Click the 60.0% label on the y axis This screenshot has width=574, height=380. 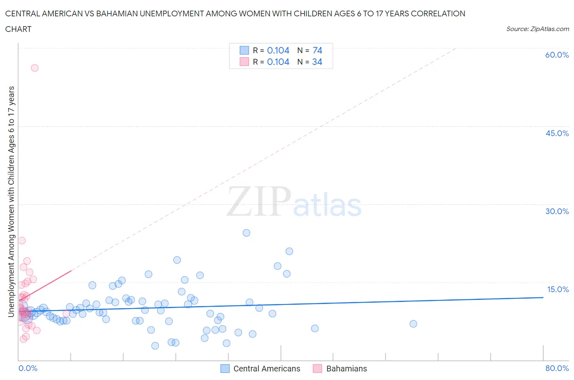[557, 55]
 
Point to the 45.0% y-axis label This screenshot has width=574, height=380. [557, 133]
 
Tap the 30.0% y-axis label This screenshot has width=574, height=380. [557, 211]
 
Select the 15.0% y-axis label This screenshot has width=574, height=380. [558, 289]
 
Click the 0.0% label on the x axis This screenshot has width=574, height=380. [28, 368]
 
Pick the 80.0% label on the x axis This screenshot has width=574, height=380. [557, 368]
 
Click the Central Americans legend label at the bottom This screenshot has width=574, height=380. [267, 369]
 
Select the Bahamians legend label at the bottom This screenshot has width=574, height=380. [347, 369]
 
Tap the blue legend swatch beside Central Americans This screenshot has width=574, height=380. [225, 369]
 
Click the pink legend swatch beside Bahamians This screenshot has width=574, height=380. [318, 369]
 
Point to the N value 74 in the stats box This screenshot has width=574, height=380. [317, 50]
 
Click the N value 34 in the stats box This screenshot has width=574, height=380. [317, 62]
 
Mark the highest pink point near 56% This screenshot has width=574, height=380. [35, 68]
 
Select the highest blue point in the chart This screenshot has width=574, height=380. [246, 233]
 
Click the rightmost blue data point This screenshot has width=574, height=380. [413, 324]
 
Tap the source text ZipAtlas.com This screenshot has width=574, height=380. [537, 29]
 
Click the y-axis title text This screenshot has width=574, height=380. [11, 201]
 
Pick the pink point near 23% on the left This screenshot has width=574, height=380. [22, 241]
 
